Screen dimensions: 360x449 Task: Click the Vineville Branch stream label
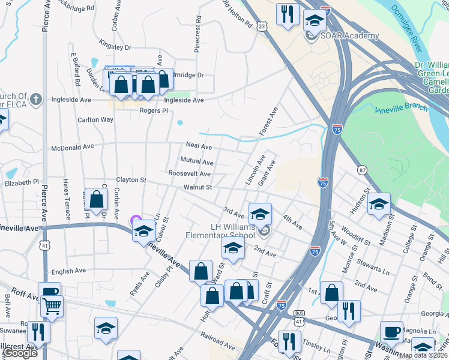pyautogui.click(x=401, y=108)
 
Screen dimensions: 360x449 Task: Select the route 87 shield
pyautogui.click(x=361, y=170)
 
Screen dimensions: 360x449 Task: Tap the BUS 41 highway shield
pyautogui.click(x=298, y=317)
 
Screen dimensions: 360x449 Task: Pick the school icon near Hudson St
pyautogui.click(x=379, y=204)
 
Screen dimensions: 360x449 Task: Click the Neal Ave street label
pyautogui.click(x=199, y=145)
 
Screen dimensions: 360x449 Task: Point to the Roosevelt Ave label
pyautogui.click(x=189, y=173)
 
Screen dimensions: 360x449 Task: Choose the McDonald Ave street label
pyautogui.click(x=73, y=146)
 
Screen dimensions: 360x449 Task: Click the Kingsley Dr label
pyautogui.click(x=115, y=46)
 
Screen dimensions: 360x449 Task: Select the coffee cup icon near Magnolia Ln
pyautogui.click(x=392, y=332)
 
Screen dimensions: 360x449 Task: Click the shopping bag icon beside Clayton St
pyautogui.click(x=97, y=199)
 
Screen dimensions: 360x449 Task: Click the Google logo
pyautogui.click(x=20, y=353)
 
